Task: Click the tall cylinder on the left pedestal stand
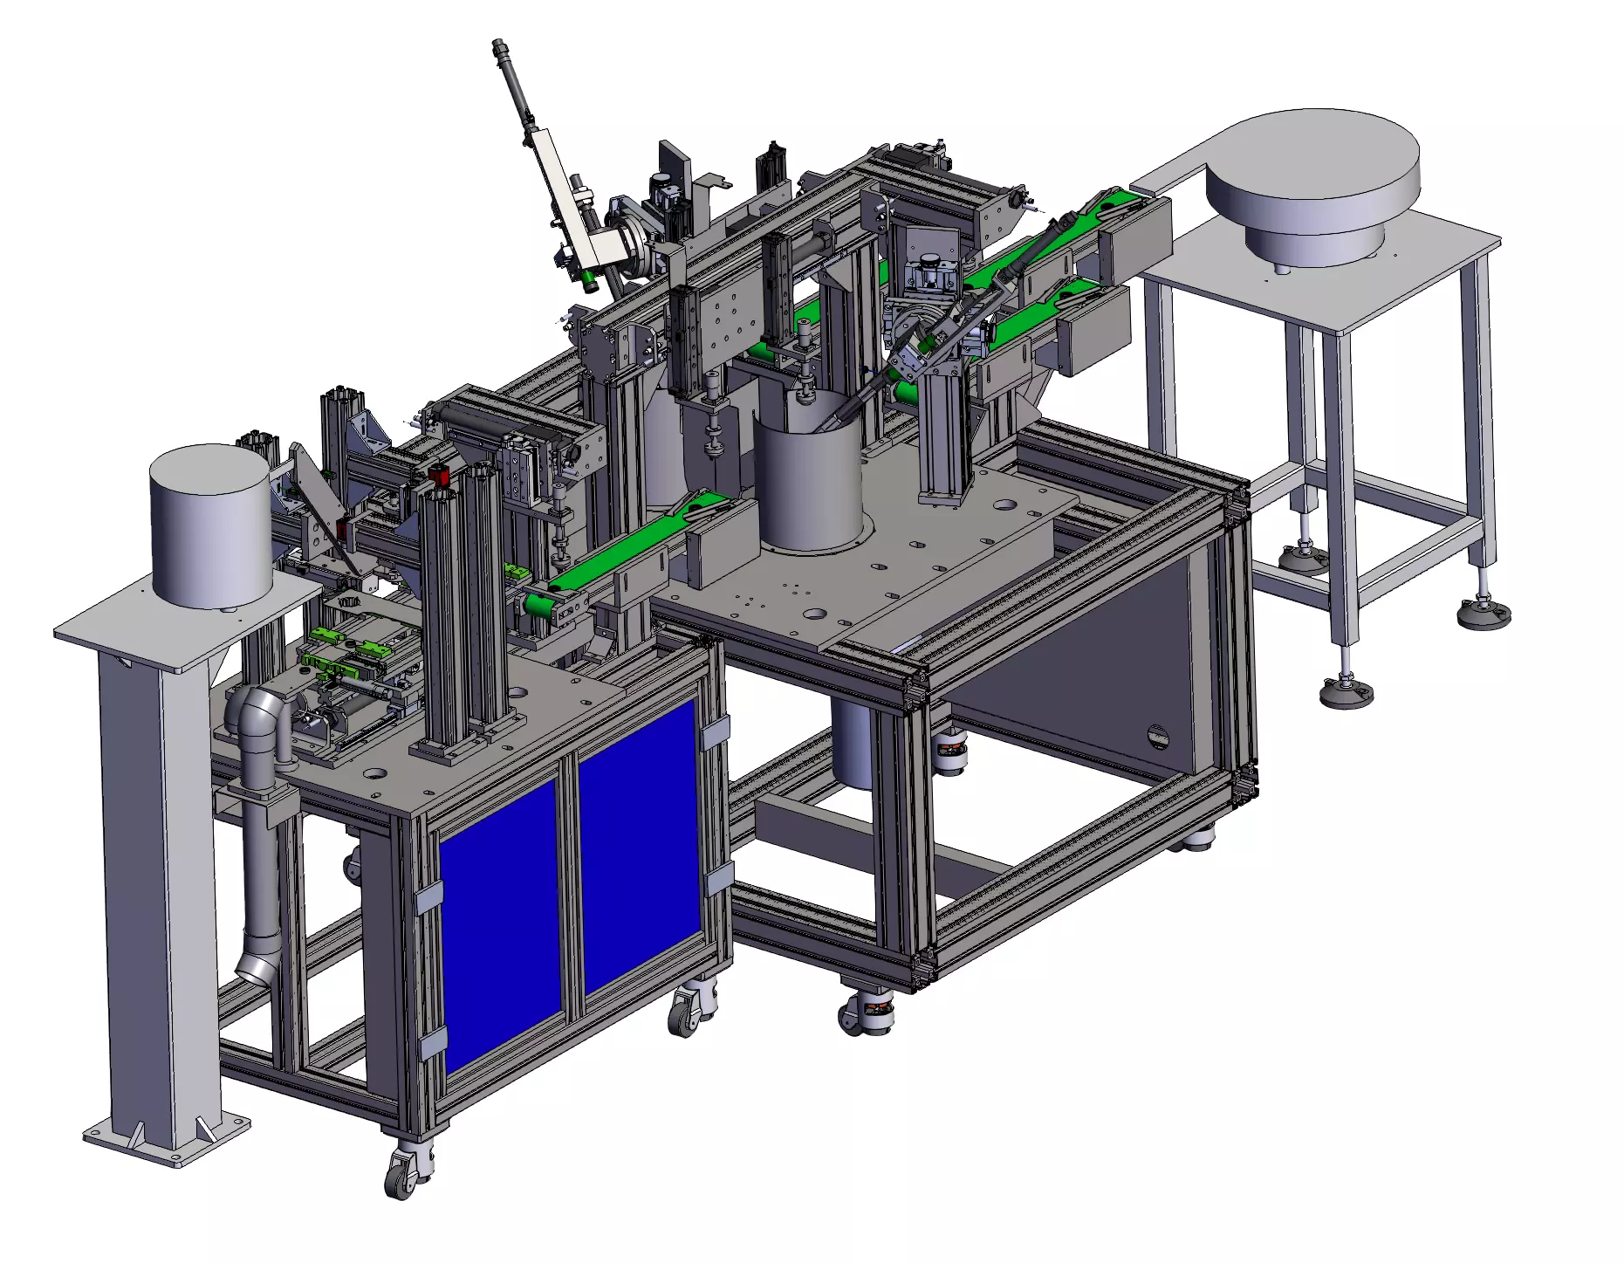click(210, 527)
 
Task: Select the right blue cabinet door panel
click(640, 847)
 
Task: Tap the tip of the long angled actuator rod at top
click(499, 45)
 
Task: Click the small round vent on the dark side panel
click(1157, 736)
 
